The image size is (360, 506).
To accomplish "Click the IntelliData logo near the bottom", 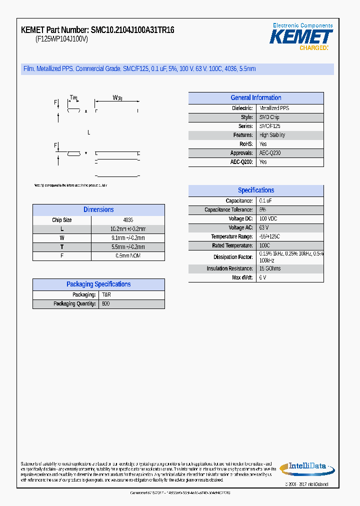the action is click(x=305, y=467).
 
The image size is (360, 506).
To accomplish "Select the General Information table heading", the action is click(x=255, y=98).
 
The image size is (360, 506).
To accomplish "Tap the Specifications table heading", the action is click(x=255, y=190).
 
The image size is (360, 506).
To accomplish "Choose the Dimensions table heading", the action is click(x=98, y=210).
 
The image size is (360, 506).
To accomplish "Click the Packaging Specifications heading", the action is click(x=98, y=284).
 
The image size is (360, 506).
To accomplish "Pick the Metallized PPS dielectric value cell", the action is click(x=274, y=108).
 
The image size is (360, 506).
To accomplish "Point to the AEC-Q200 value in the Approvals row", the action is click(x=270, y=153).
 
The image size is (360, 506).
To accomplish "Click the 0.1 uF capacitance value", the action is click(x=265, y=201).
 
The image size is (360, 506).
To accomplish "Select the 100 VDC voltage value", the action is click(x=268, y=219).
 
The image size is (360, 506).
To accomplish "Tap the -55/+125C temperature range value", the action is click(x=269, y=237).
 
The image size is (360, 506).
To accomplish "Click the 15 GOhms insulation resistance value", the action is click(x=270, y=269).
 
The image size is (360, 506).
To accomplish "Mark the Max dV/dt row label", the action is click(x=242, y=277).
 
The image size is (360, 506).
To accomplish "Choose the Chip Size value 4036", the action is click(x=128, y=220).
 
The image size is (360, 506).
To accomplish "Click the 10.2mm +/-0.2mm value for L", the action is click(x=128, y=229).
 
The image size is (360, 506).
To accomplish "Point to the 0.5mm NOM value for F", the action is click(x=128, y=256).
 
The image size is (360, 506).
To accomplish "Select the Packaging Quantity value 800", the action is click(x=106, y=304).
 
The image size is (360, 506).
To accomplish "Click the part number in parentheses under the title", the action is click(x=61, y=39).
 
